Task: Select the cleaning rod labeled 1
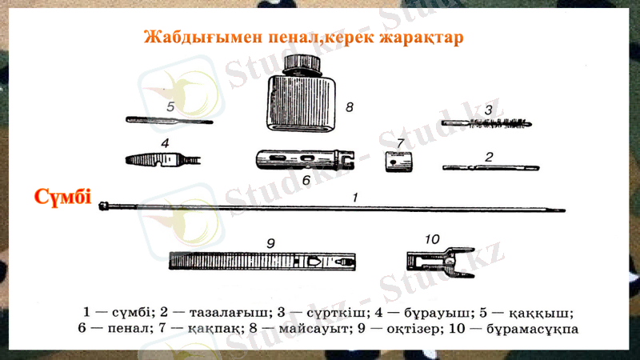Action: (336, 208)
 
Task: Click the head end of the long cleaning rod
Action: (104, 207)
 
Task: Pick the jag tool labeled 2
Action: (485, 167)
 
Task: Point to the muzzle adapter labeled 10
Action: (433, 260)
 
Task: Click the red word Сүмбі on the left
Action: (62, 197)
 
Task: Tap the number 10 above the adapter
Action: (432, 238)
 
